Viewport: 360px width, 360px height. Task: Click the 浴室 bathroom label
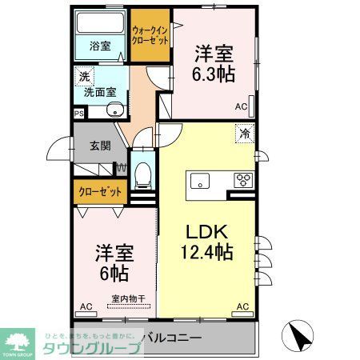point(100,46)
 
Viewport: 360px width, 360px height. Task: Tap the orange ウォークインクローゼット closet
point(150,36)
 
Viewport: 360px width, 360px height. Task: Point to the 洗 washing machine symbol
point(83,78)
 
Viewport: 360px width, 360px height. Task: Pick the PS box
point(78,114)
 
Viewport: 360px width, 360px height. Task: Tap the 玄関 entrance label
point(99,146)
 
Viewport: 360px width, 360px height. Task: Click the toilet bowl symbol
point(144,173)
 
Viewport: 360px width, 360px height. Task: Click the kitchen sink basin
point(199,179)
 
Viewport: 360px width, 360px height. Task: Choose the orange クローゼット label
point(101,191)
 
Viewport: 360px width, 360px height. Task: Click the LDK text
point(208,233)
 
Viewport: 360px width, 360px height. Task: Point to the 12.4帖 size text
point(206,253)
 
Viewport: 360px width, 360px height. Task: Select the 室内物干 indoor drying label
point(128,299)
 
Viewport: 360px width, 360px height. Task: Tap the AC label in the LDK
point(242,306)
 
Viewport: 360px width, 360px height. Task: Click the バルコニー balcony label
point(171,337)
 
